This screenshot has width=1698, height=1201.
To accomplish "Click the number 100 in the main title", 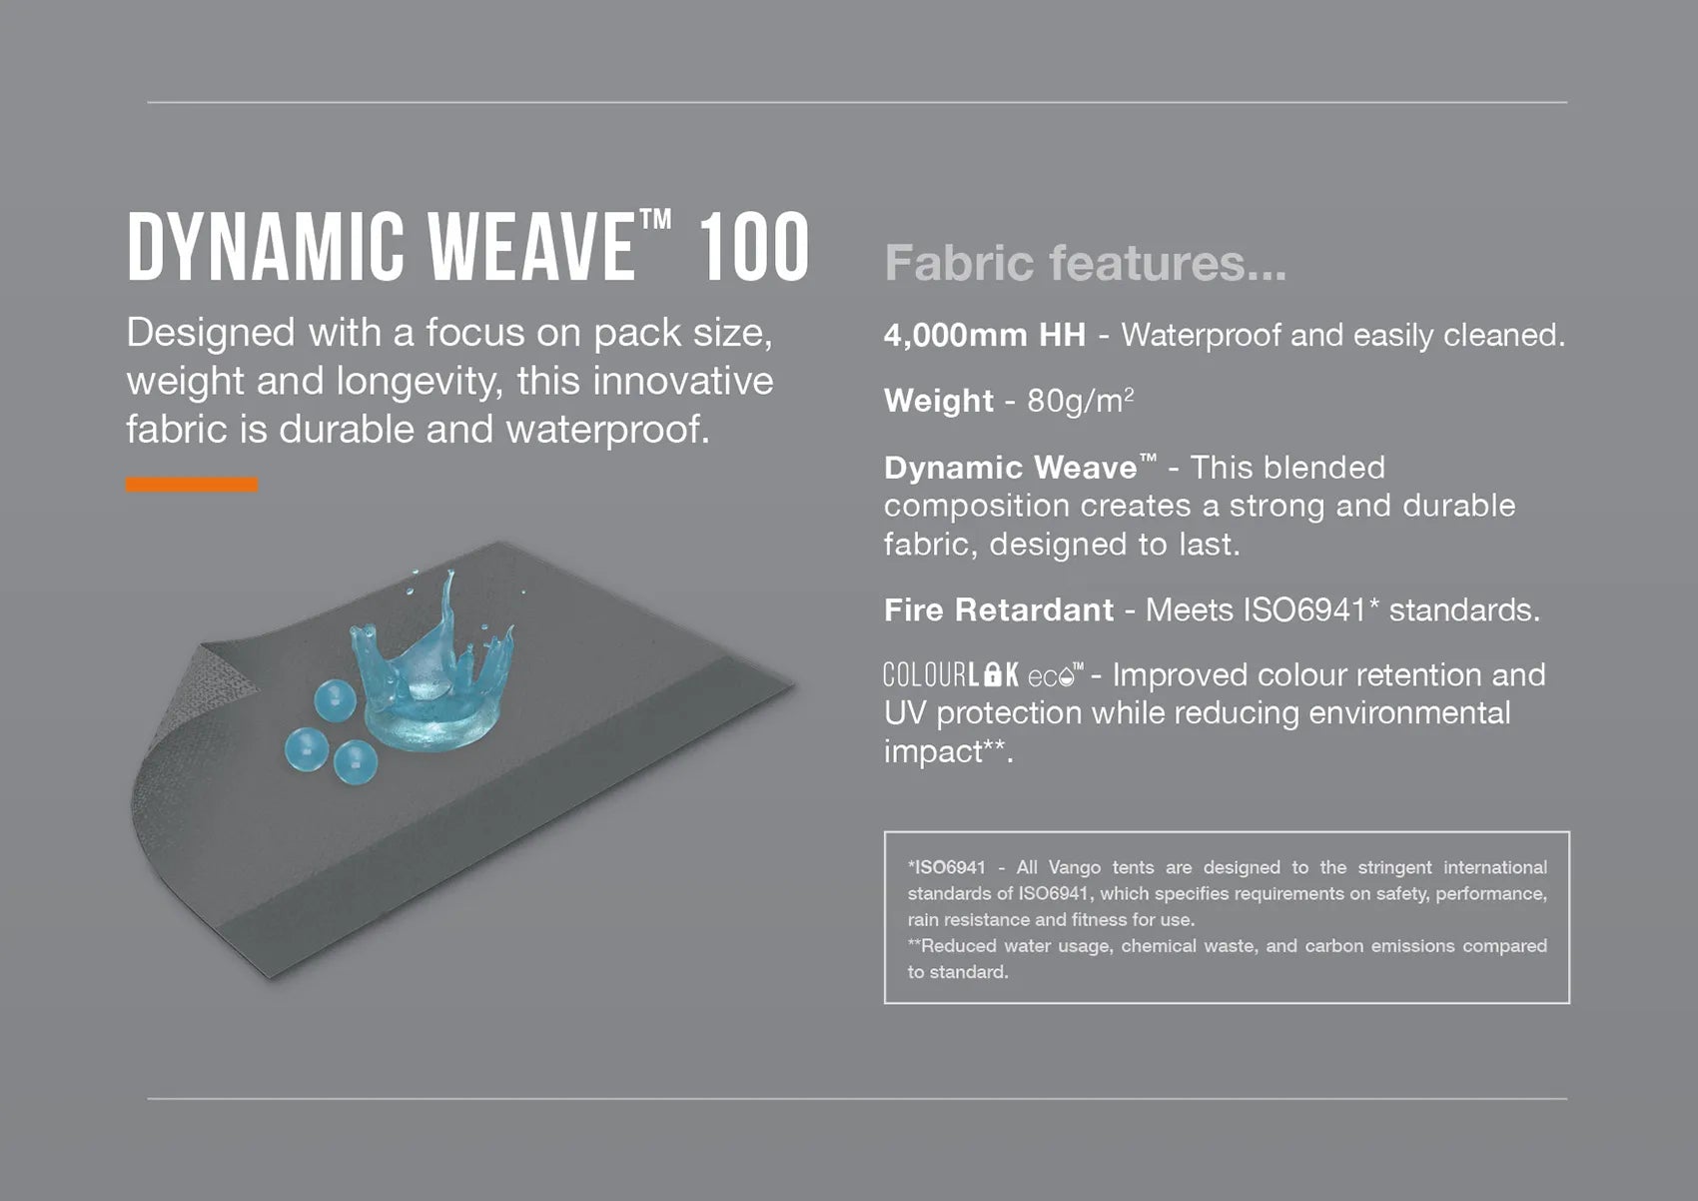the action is [x=753, y=247].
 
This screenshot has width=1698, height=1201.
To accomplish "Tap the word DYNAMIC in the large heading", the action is [x=266, y=247].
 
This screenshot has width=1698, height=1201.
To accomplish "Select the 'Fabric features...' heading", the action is [x=1086, y=263].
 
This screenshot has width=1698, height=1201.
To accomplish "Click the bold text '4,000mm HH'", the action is [x=985, y=335].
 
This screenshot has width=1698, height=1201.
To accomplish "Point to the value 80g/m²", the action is [x=1080, y=401].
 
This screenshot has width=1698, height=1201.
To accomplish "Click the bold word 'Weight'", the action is [x=939, y=401].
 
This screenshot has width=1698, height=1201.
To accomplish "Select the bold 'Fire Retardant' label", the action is [x=999, y=609].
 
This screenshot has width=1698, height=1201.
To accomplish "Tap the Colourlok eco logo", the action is [x=983, y=674].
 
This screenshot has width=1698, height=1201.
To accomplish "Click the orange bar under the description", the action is [x=192, y=485].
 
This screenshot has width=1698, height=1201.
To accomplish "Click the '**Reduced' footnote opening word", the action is [x=952, y=945].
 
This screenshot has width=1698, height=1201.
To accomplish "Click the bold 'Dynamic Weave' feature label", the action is [x=1021, y=467].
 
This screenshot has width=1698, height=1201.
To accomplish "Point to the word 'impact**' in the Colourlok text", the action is [x=948, y=751].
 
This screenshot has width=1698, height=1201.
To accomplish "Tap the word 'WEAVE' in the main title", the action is [x=530, y=247].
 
